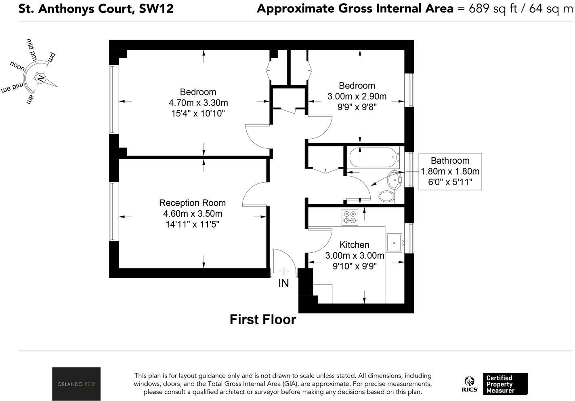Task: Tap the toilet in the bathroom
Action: coord(386,196)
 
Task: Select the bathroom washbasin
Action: coord(394,180)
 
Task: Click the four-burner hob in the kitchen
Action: coord(350,217)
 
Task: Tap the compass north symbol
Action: coord(40,78)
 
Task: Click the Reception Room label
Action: coord(192,203)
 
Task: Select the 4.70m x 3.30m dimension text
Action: coord(198,103)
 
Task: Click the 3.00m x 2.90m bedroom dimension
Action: coord(357,96)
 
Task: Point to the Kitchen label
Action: coord(354,245)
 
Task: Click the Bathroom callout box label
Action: coord(450,160)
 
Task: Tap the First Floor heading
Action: coord(263,320)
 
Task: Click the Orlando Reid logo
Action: coord(76,384)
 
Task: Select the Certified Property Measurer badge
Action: coord(505,384)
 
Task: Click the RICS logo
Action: coord(470,384)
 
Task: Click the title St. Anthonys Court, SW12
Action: coord(96,8)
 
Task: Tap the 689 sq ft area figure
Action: coord(493,8)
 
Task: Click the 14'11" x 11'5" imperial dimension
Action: coord(192,224)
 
